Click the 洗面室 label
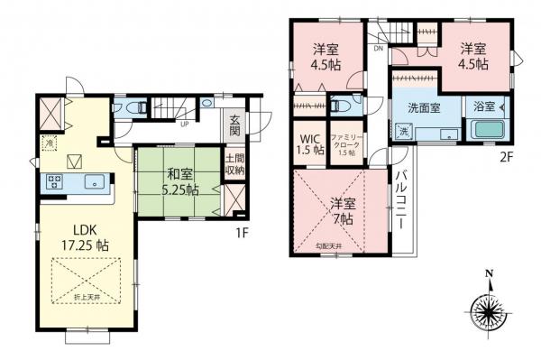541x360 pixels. coord(424,107)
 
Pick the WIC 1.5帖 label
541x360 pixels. coord(310,145)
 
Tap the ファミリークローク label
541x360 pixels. coord(345,142)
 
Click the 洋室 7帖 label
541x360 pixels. coord(341,210)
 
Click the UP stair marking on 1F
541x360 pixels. coord(185,124)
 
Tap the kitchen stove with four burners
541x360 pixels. coord(54,181)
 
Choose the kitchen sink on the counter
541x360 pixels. coord(93,181)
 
